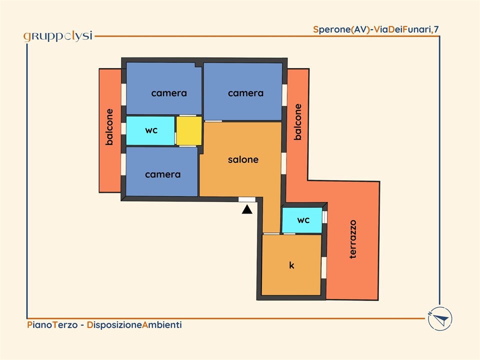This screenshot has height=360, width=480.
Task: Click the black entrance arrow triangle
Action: tap(247, 209)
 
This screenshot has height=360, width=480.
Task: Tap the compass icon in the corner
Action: tap(440, 318)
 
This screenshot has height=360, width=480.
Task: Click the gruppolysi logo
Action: tap(58, 36)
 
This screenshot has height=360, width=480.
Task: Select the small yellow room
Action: tap(189, 130)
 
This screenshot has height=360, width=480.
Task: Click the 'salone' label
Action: tap(243, 159)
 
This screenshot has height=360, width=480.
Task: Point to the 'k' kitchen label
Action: tap(291, 265)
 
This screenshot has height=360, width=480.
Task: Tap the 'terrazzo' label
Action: tap(353, 239)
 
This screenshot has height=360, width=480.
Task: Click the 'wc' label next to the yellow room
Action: tap(151, 130)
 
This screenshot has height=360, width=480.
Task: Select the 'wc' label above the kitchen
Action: tap(303, 220)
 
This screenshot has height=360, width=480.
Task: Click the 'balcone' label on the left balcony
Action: tap(109, 126)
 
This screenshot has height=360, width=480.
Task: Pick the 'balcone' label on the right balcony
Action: tap(297, 122)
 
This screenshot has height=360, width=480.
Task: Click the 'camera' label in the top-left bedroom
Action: tap(169, 93)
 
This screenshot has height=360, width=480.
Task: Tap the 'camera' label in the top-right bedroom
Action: tap(246, 93)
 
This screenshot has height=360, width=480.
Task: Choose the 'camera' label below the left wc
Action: tap(163, 174)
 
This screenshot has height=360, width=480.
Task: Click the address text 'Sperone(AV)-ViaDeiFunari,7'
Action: tap(376, 29)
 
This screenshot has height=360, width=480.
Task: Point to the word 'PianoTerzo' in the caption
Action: tap(52, 324)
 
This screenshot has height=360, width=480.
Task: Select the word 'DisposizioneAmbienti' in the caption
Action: tap(134, 324)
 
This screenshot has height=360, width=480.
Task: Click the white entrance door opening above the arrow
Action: tap(246, 199)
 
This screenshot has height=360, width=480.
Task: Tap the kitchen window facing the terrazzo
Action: tap(324, 267)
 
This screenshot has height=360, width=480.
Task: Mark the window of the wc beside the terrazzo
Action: tap(324, 217)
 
